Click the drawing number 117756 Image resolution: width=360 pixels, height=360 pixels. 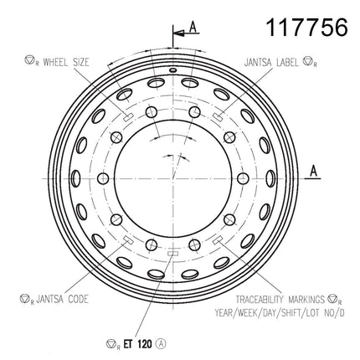pos(306,28)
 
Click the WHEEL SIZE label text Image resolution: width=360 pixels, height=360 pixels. pos(66,62)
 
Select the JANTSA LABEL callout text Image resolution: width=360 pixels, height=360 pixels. pos(271,62)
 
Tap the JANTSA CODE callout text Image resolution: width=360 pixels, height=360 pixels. pos(62,299)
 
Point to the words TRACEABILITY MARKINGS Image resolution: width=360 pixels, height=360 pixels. pos(280,300)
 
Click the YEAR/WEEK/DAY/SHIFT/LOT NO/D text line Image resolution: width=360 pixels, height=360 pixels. pos(280,313)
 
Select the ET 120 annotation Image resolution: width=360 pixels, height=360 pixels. pos(137,344)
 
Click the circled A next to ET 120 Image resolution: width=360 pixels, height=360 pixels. pos(162,344)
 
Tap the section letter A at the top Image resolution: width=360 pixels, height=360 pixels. pos(193,27)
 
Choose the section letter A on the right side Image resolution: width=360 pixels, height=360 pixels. pos(314,171)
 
